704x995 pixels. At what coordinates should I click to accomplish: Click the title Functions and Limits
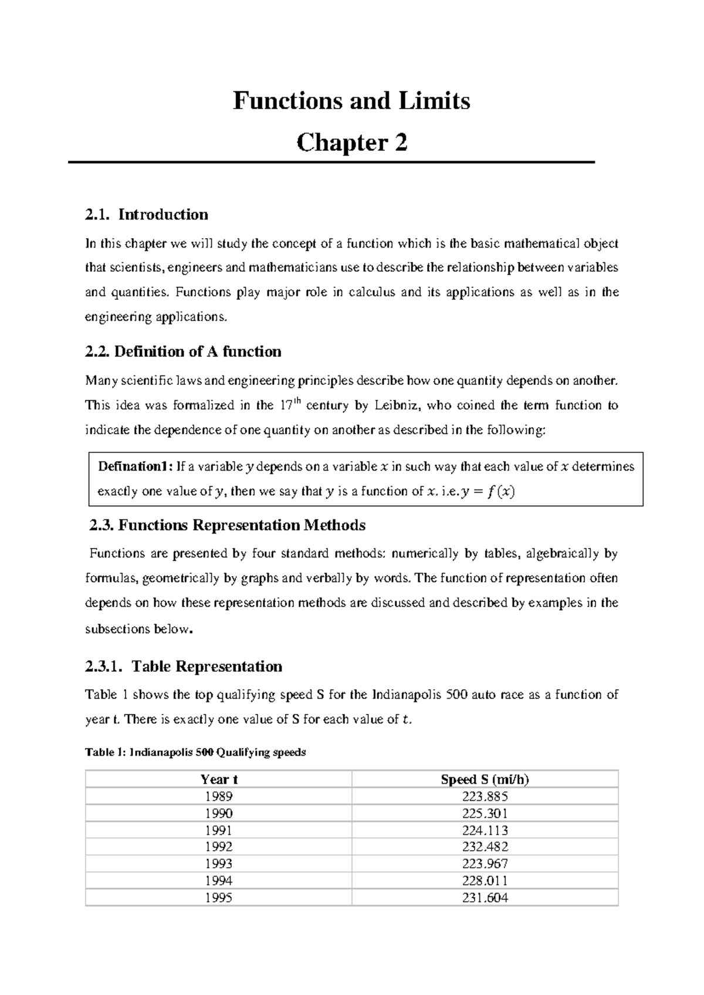coord(351,101)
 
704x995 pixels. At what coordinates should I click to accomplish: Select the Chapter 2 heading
coord(351,143)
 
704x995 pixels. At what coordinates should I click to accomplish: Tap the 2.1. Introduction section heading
coord(147,214)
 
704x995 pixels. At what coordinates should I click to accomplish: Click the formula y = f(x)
coord(488,492)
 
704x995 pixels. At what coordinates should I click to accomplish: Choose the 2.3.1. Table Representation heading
coord(184,666)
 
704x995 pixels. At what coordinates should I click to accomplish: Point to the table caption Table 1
coord(195,752)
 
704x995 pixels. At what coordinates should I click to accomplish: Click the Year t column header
coord(219,779)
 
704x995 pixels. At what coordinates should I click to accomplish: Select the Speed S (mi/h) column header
coord(485,779)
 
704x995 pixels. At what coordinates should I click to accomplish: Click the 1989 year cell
coord(219,796)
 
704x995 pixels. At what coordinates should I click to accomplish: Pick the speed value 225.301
coord(485,813)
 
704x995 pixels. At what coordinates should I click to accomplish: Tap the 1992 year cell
coord(219,847)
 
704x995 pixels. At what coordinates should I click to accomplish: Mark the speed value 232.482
coord(485,847)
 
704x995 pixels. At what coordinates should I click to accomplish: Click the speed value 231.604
coord(485,898)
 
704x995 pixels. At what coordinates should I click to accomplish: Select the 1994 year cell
coord(219,881)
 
